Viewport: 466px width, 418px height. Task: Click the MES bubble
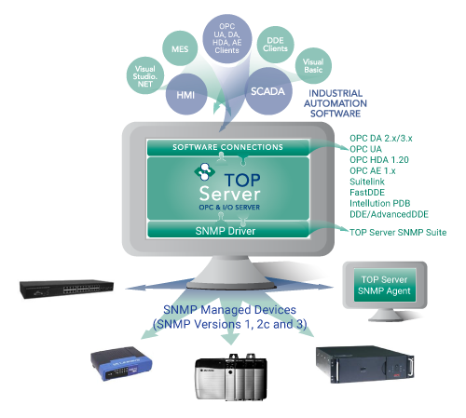tap(180, 48)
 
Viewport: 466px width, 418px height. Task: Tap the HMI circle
tap(186, 94)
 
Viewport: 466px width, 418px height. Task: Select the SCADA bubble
tap(268, 91)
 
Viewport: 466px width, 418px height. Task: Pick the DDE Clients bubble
tap(275, 45)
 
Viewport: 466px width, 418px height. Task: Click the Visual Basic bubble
tap(313, 65)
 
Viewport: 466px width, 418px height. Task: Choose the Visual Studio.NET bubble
tap(145, 75)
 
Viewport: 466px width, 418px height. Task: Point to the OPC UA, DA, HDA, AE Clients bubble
tap(227, 38)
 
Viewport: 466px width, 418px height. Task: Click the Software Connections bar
tap(228, 147)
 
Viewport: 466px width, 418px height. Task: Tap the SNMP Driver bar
tap(228, 230)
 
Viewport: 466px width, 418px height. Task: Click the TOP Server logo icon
tap(204, 171)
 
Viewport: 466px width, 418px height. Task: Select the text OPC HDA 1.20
tap(379, 160)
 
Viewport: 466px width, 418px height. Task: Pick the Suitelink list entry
tap(367, 182)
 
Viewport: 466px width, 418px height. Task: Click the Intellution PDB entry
tap(379, 203)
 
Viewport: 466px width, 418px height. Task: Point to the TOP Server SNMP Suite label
tap(398, 233)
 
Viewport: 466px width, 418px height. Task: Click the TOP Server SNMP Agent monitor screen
tap(385, 285)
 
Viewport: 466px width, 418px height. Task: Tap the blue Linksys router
tap(121, 363)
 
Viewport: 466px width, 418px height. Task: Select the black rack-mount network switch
tap(66, 289)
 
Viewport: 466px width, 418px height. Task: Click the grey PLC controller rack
tap(231, 376)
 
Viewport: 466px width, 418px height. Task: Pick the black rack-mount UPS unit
tap(365, 364)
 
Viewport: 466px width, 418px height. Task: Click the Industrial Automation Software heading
tap(336, 103)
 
